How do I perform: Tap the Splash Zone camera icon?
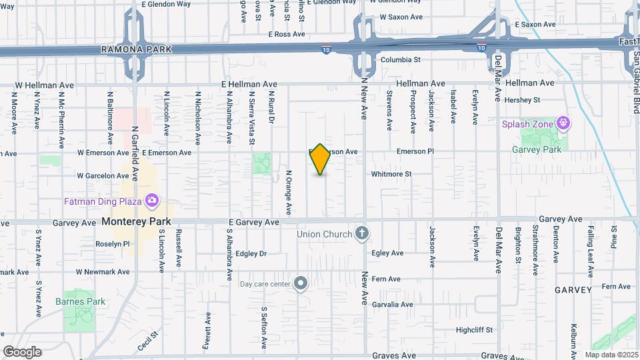coord(564,123)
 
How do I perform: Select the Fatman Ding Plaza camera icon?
coord(152,200)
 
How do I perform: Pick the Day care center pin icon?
coord(301,284)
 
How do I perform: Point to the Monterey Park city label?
coord(136,221)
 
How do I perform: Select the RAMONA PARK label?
coord(136,49)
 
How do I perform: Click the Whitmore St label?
coord(391,174)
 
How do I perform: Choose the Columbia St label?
coord(400,59)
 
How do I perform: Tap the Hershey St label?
coord(522,100)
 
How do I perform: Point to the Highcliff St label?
coord(474,329)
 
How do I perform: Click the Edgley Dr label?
coord(251,253)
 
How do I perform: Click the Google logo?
coord(22,352)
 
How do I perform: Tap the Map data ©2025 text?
coord(610,355)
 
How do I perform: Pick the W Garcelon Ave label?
coord(103,176)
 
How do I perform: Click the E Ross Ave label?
coord(286,34)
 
